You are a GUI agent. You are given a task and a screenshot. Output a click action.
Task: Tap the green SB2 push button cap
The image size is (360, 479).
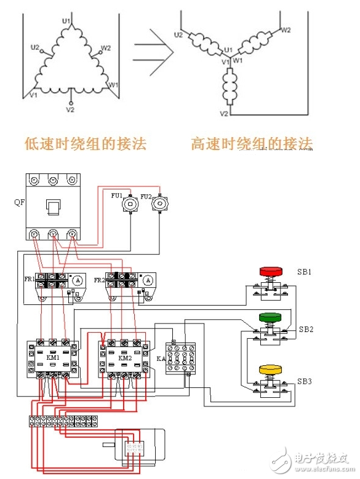(x=270, y=317)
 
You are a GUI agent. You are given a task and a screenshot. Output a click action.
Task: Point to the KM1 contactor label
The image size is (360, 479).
(x=52, y=357)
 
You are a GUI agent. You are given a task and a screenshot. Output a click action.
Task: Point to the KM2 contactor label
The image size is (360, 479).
(x=125, y=357)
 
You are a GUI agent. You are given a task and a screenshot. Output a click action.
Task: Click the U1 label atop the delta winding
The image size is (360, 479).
(x=66, y=22)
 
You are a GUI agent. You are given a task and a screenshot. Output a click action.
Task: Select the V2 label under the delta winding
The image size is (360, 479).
(x=70, y=109)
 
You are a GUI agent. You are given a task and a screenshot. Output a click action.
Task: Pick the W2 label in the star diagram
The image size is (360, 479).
(x=286, y=29)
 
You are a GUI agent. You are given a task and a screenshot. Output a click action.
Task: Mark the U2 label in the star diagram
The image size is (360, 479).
(x=178, y=35)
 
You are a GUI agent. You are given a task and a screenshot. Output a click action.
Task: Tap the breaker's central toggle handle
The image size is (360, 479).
(x=54, y=208)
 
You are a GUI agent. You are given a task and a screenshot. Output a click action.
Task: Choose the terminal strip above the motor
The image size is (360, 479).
(x=63, y=421)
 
